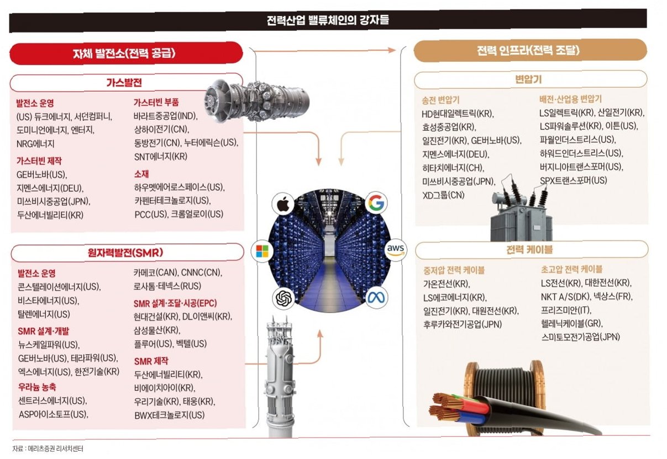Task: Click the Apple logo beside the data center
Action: [283, 204]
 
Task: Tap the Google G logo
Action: [376, 203]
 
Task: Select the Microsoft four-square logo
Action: [262, 251]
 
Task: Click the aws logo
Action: [396, 250]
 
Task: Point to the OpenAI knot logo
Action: [283, 298]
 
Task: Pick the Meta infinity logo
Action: [376, 297]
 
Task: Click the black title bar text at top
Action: [328, 20]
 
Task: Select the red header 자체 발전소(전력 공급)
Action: [124, 54]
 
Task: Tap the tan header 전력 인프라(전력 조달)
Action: [528, 50]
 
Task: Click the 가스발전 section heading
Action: [124, 82]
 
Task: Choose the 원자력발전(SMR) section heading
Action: [125, 253]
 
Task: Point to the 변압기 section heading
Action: [528, 79]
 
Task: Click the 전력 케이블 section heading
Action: [529, 249]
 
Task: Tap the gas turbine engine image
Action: [256, 100]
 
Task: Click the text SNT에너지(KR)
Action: [161, 156]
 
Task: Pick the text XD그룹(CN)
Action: [443, 195]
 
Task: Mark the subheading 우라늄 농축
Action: [37, 387]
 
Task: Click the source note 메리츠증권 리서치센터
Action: [55, 449]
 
